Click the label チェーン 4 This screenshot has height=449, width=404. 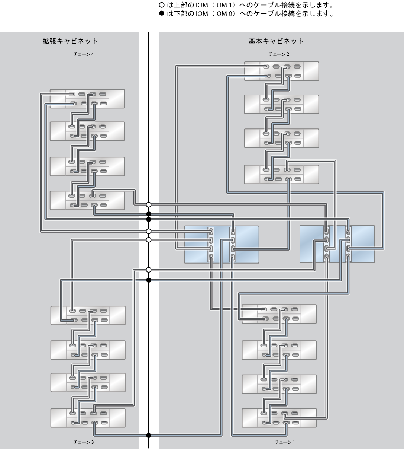click(x=84, y=54)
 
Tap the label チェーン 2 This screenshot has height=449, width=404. click(x=279, y=54)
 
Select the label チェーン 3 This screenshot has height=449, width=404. click(x=84, y=442)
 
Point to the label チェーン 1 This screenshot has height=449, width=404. click(x=285, y=442)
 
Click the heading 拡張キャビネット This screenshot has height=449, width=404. click(x=70, y=41)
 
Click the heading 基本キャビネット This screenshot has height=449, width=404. click(x=276, y=41)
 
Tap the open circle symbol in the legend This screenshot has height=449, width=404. click(x=162, y=5)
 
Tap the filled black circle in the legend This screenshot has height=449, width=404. click(x=162, y=13)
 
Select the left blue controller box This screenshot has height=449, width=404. click(x=222, y=245)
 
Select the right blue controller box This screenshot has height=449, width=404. click(x=337, y=244)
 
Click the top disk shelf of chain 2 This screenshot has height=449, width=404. click(x=282, y=71)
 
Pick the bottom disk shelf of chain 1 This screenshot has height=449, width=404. click(x=279, y=418)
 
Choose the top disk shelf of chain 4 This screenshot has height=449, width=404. click(x=87, y=99)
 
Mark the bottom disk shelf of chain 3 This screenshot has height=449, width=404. click(x=88, y=418)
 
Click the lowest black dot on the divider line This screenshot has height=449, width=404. click(x=149, y=435)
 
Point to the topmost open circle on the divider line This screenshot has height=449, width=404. click(x=149, y=204)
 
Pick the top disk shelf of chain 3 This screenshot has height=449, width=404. click(x=88, y=315)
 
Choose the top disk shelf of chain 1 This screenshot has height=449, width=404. click(x=279, y=314)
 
